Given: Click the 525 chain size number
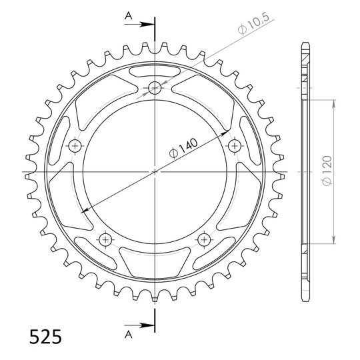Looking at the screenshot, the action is [46, 337].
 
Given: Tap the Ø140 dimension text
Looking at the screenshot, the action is [183, 149].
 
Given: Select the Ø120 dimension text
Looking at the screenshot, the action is [327, 171].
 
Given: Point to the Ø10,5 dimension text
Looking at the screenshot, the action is [253, 25].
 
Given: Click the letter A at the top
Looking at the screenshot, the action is [129, 16].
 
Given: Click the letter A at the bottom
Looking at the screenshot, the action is [129, 335].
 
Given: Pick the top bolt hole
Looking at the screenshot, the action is [155, 88].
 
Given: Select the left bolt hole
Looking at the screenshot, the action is [75, 145].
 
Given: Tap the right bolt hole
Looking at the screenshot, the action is [235, 145].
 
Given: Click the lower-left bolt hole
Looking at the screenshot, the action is [105, 240].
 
